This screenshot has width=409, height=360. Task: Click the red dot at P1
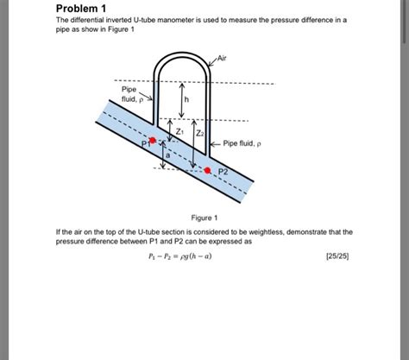coord(153,140)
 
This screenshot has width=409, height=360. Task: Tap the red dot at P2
coord(207,170)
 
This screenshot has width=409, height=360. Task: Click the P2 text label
coord(223,172)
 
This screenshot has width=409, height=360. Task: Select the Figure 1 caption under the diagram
coord(204,218)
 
